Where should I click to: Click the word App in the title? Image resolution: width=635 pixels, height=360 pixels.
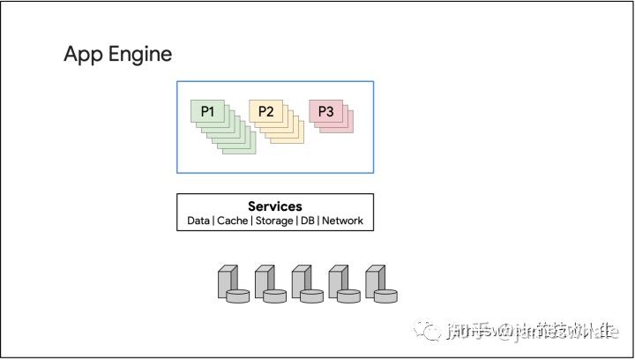(82, 55)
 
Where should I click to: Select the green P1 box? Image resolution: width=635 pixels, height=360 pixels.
(207, 111)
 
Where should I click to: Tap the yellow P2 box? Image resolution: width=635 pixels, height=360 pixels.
(265, 111)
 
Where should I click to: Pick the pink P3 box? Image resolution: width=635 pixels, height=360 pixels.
(325, 111)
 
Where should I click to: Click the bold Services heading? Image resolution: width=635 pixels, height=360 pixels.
(274, 206)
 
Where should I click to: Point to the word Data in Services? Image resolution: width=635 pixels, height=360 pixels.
(198, 221)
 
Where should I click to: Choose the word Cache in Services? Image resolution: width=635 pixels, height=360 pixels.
(231, 221)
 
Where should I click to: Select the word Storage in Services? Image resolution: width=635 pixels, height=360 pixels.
(274, 221)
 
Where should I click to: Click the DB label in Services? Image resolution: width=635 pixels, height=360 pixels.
(308, 221)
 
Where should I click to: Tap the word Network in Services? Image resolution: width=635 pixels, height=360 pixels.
(343, 221)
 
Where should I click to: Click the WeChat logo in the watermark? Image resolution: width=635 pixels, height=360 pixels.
(431, 331)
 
